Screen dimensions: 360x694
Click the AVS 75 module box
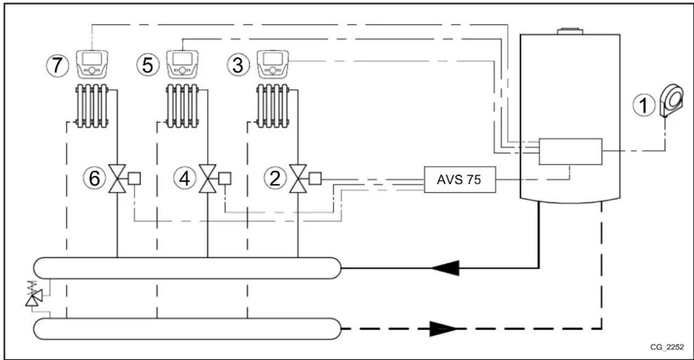pos(459,179)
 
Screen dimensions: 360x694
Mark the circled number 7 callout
pos(57,66)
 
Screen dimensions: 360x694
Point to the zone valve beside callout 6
pos(117,179)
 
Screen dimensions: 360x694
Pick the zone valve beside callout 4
pos(207,179)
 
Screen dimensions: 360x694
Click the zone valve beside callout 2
pos(298,179)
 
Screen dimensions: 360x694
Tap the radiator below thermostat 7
pos(92,105)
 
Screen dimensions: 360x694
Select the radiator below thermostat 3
pos(273,105)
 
